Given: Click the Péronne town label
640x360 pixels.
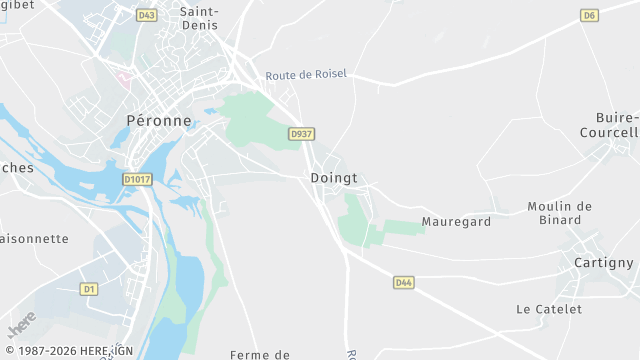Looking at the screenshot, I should point(159,120).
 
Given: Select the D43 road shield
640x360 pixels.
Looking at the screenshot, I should point(147,15).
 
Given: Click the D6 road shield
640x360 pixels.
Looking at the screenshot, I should point(589,15).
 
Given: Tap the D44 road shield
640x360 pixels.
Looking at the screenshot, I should point(403,283).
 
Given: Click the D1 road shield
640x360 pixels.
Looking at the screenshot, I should point(89,289).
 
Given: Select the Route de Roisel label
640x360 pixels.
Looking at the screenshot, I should point(306,76).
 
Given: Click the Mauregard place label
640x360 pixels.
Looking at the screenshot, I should point(456,222).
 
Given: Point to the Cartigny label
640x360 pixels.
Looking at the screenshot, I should point(604,263).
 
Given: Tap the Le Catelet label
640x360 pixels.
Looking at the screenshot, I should point(549,310).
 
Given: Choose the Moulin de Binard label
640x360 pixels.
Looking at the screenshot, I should point(560,213).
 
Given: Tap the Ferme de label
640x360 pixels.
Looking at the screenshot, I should point(259,355).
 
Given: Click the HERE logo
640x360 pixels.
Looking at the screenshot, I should point(19,328).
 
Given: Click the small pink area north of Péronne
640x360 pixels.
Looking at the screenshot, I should point(124,76).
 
